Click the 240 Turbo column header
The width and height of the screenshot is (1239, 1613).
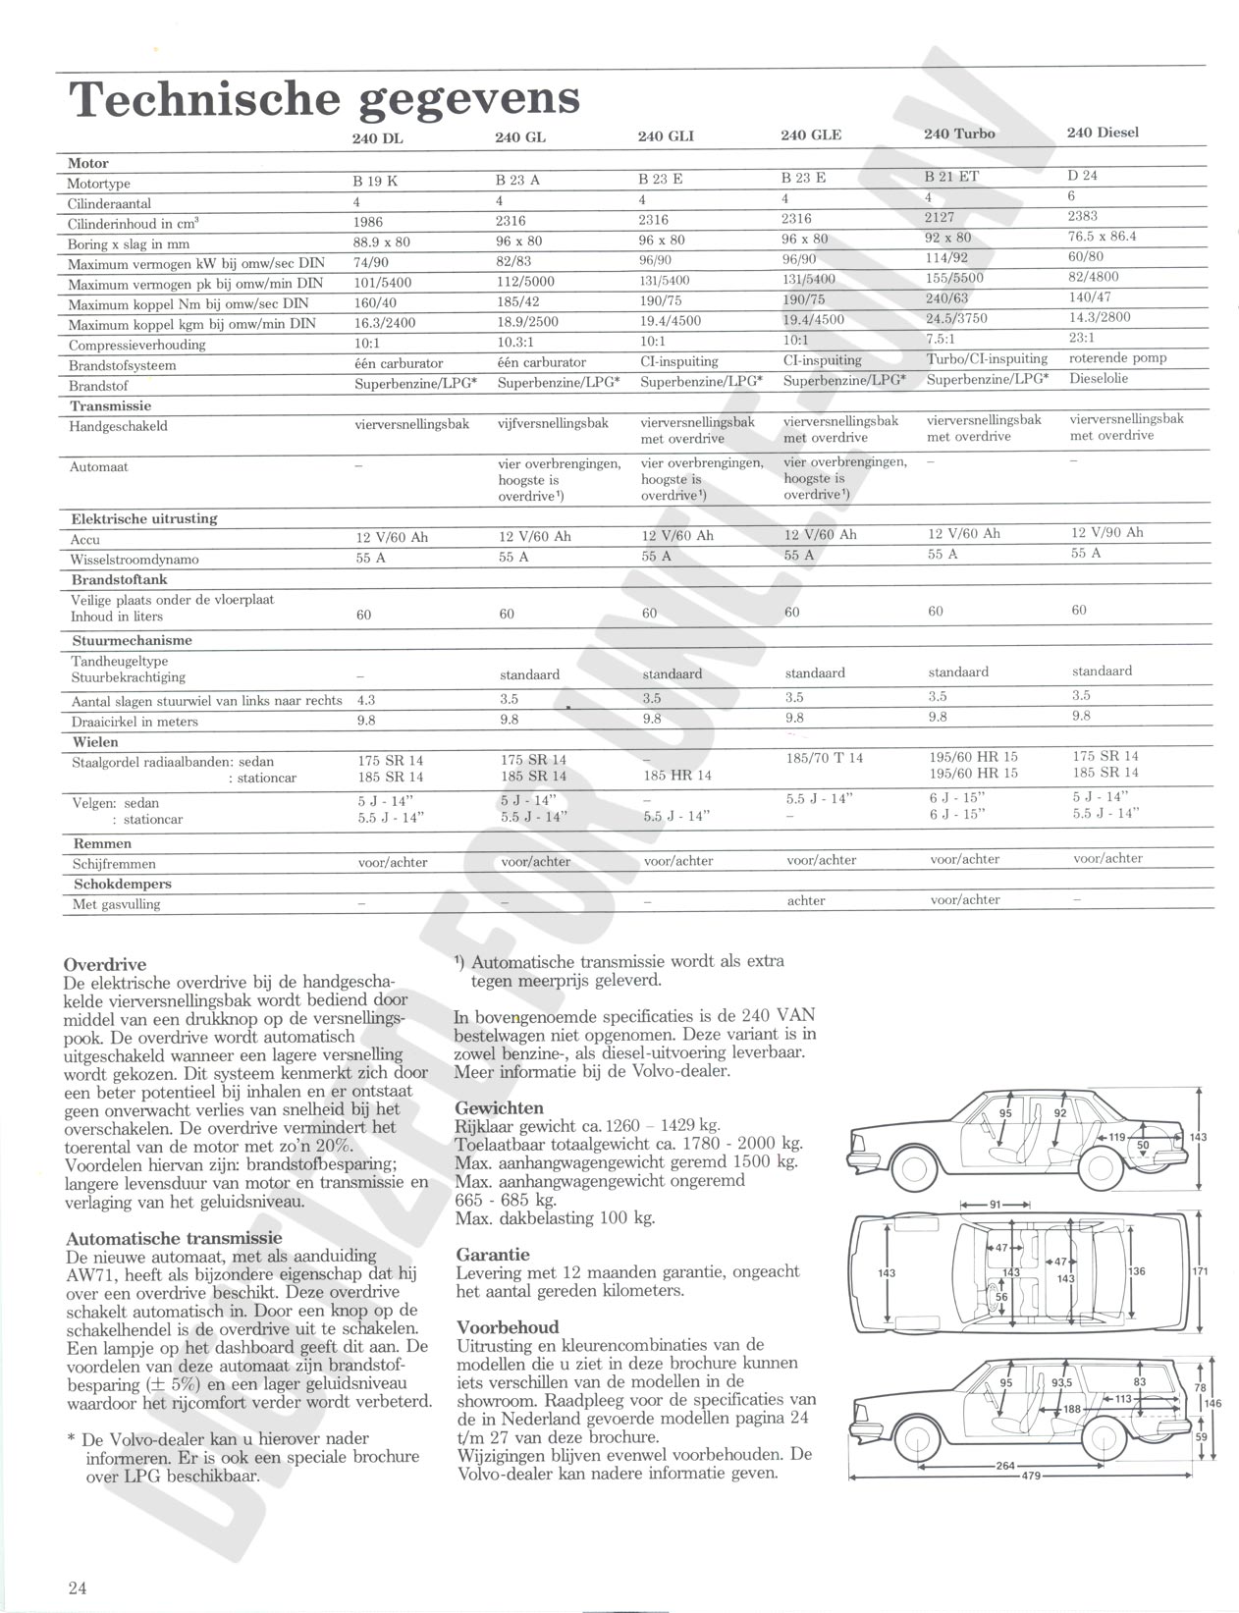click(x=958, y=134)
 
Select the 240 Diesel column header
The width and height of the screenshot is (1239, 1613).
click(x=1103, y=133)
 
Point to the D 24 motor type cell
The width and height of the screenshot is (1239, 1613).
click(x=1082, y=176)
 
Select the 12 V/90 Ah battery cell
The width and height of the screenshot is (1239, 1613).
click(x=1106, y=532)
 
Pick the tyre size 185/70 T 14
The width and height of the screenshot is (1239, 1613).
click(x=824, y=758)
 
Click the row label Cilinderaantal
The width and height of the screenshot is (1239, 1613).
click(x=110, y=204)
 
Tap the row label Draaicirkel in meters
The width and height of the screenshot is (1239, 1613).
click(x=135, y=722)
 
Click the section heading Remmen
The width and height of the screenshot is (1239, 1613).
click(x=102, y=843)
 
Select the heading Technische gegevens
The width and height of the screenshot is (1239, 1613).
click(x=324, y=99)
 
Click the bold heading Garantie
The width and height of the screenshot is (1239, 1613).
click(x=493, y=1255)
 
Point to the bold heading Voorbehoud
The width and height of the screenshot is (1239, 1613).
click(x=508, y=1326)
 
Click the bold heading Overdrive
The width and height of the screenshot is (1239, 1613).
click(x=104, y=965)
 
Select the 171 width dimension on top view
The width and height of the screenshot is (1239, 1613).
click(x=1200, y=1270)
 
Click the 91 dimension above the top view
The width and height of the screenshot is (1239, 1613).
click(x=995, y=1205)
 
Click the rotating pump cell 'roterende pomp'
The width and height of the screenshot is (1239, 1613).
click(x=1117, y=357)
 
